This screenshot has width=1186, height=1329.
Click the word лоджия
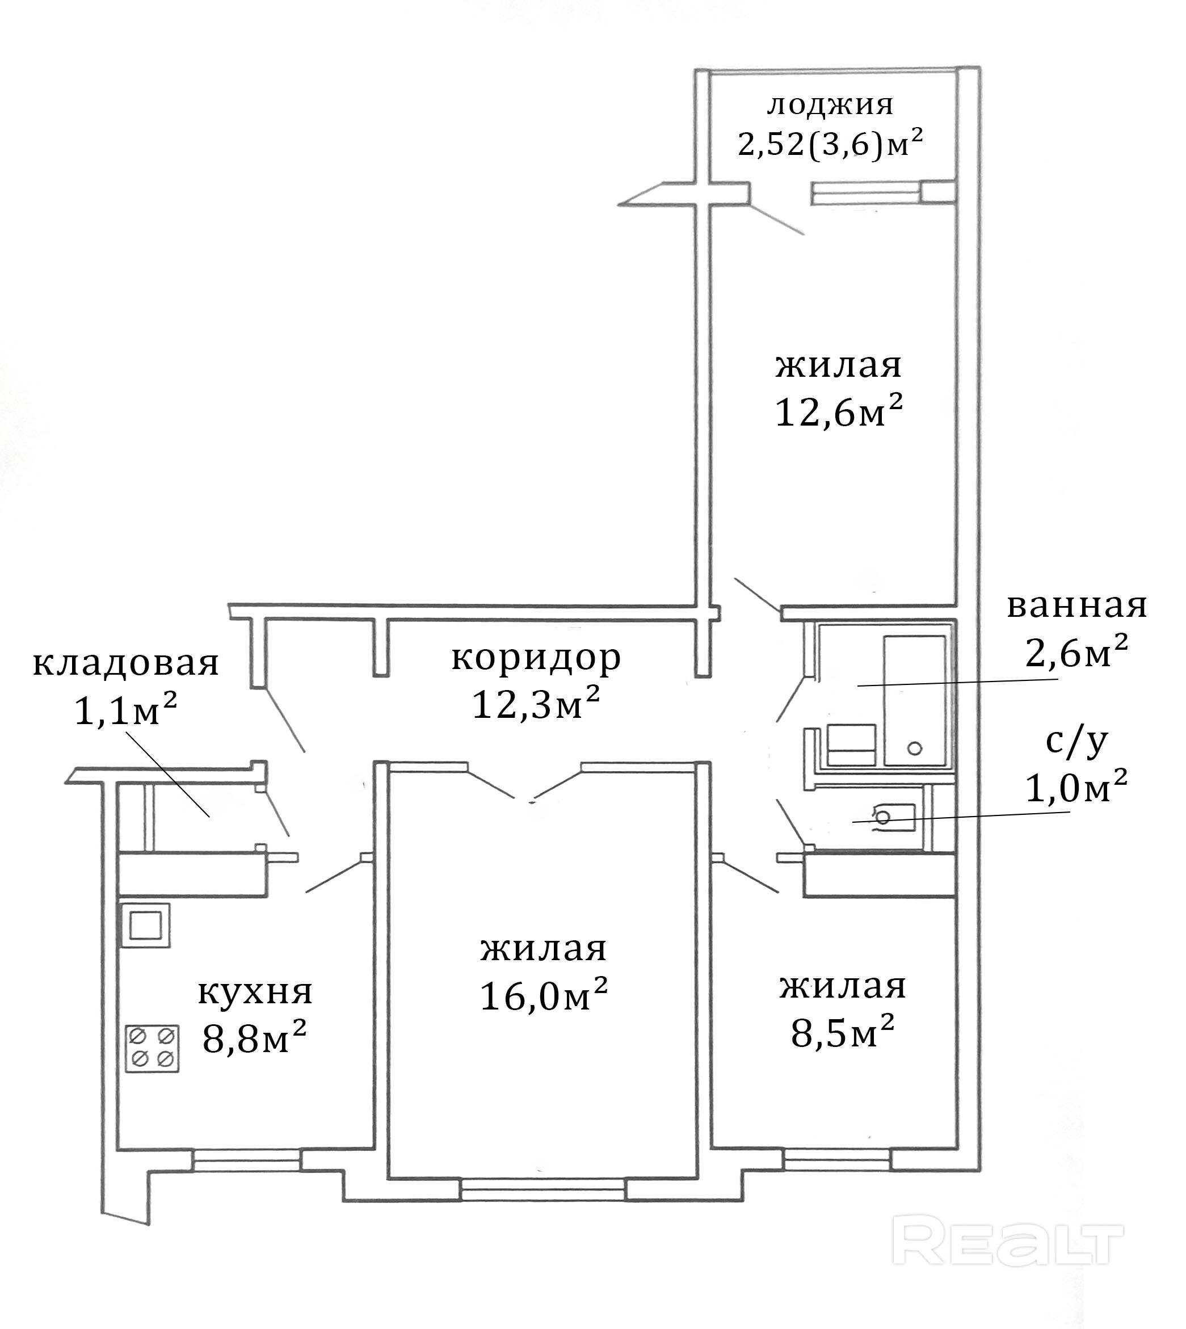(830, 106)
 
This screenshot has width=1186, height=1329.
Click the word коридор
(536, 659)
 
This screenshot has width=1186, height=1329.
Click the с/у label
(1076, 742)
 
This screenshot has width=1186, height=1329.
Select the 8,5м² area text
(843, 1031)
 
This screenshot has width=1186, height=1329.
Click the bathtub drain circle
(915, 748)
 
